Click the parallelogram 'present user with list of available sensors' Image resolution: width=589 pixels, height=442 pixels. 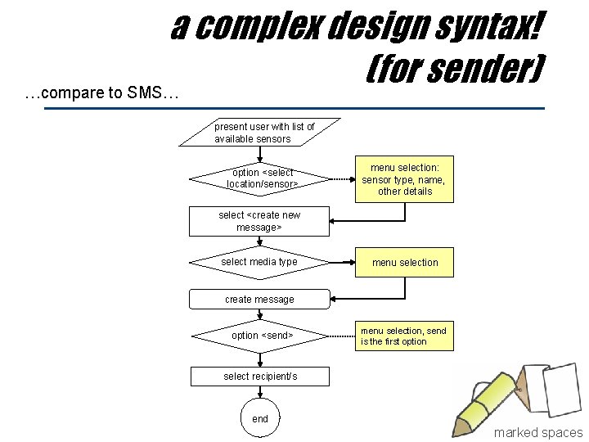tap(259, 133)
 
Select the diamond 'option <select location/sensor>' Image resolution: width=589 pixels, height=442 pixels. tap(259, 178)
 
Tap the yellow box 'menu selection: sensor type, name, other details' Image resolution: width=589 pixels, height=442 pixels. tap(405, 179)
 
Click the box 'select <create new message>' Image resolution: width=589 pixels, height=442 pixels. tap(259, 221)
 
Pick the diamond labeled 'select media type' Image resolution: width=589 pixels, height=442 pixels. tap(259, 262)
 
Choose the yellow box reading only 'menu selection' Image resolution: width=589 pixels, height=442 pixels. tap(405, 263)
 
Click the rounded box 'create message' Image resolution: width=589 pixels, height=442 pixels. tap(259, 300)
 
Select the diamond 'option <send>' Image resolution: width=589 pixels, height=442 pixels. tap(259, 336)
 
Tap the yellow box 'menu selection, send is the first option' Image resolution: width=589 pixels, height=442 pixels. tap(405, 336)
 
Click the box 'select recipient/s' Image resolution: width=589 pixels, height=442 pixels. tap(260, 377)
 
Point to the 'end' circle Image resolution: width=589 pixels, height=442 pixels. tap(260, 418)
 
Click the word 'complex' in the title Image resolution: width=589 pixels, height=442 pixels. tap(259, 28)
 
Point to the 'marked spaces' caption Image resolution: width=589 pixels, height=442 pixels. tap(537, 432)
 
